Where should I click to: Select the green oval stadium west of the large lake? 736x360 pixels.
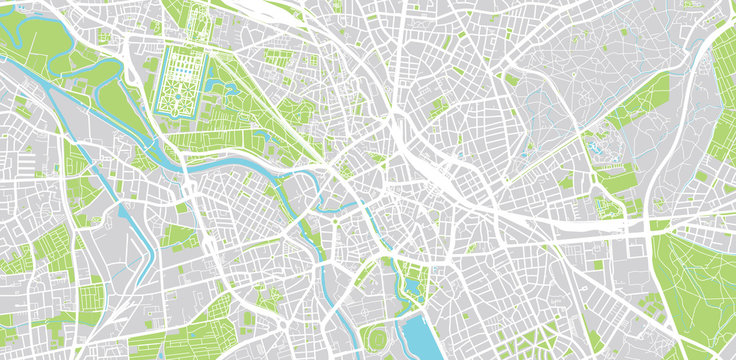376,337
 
